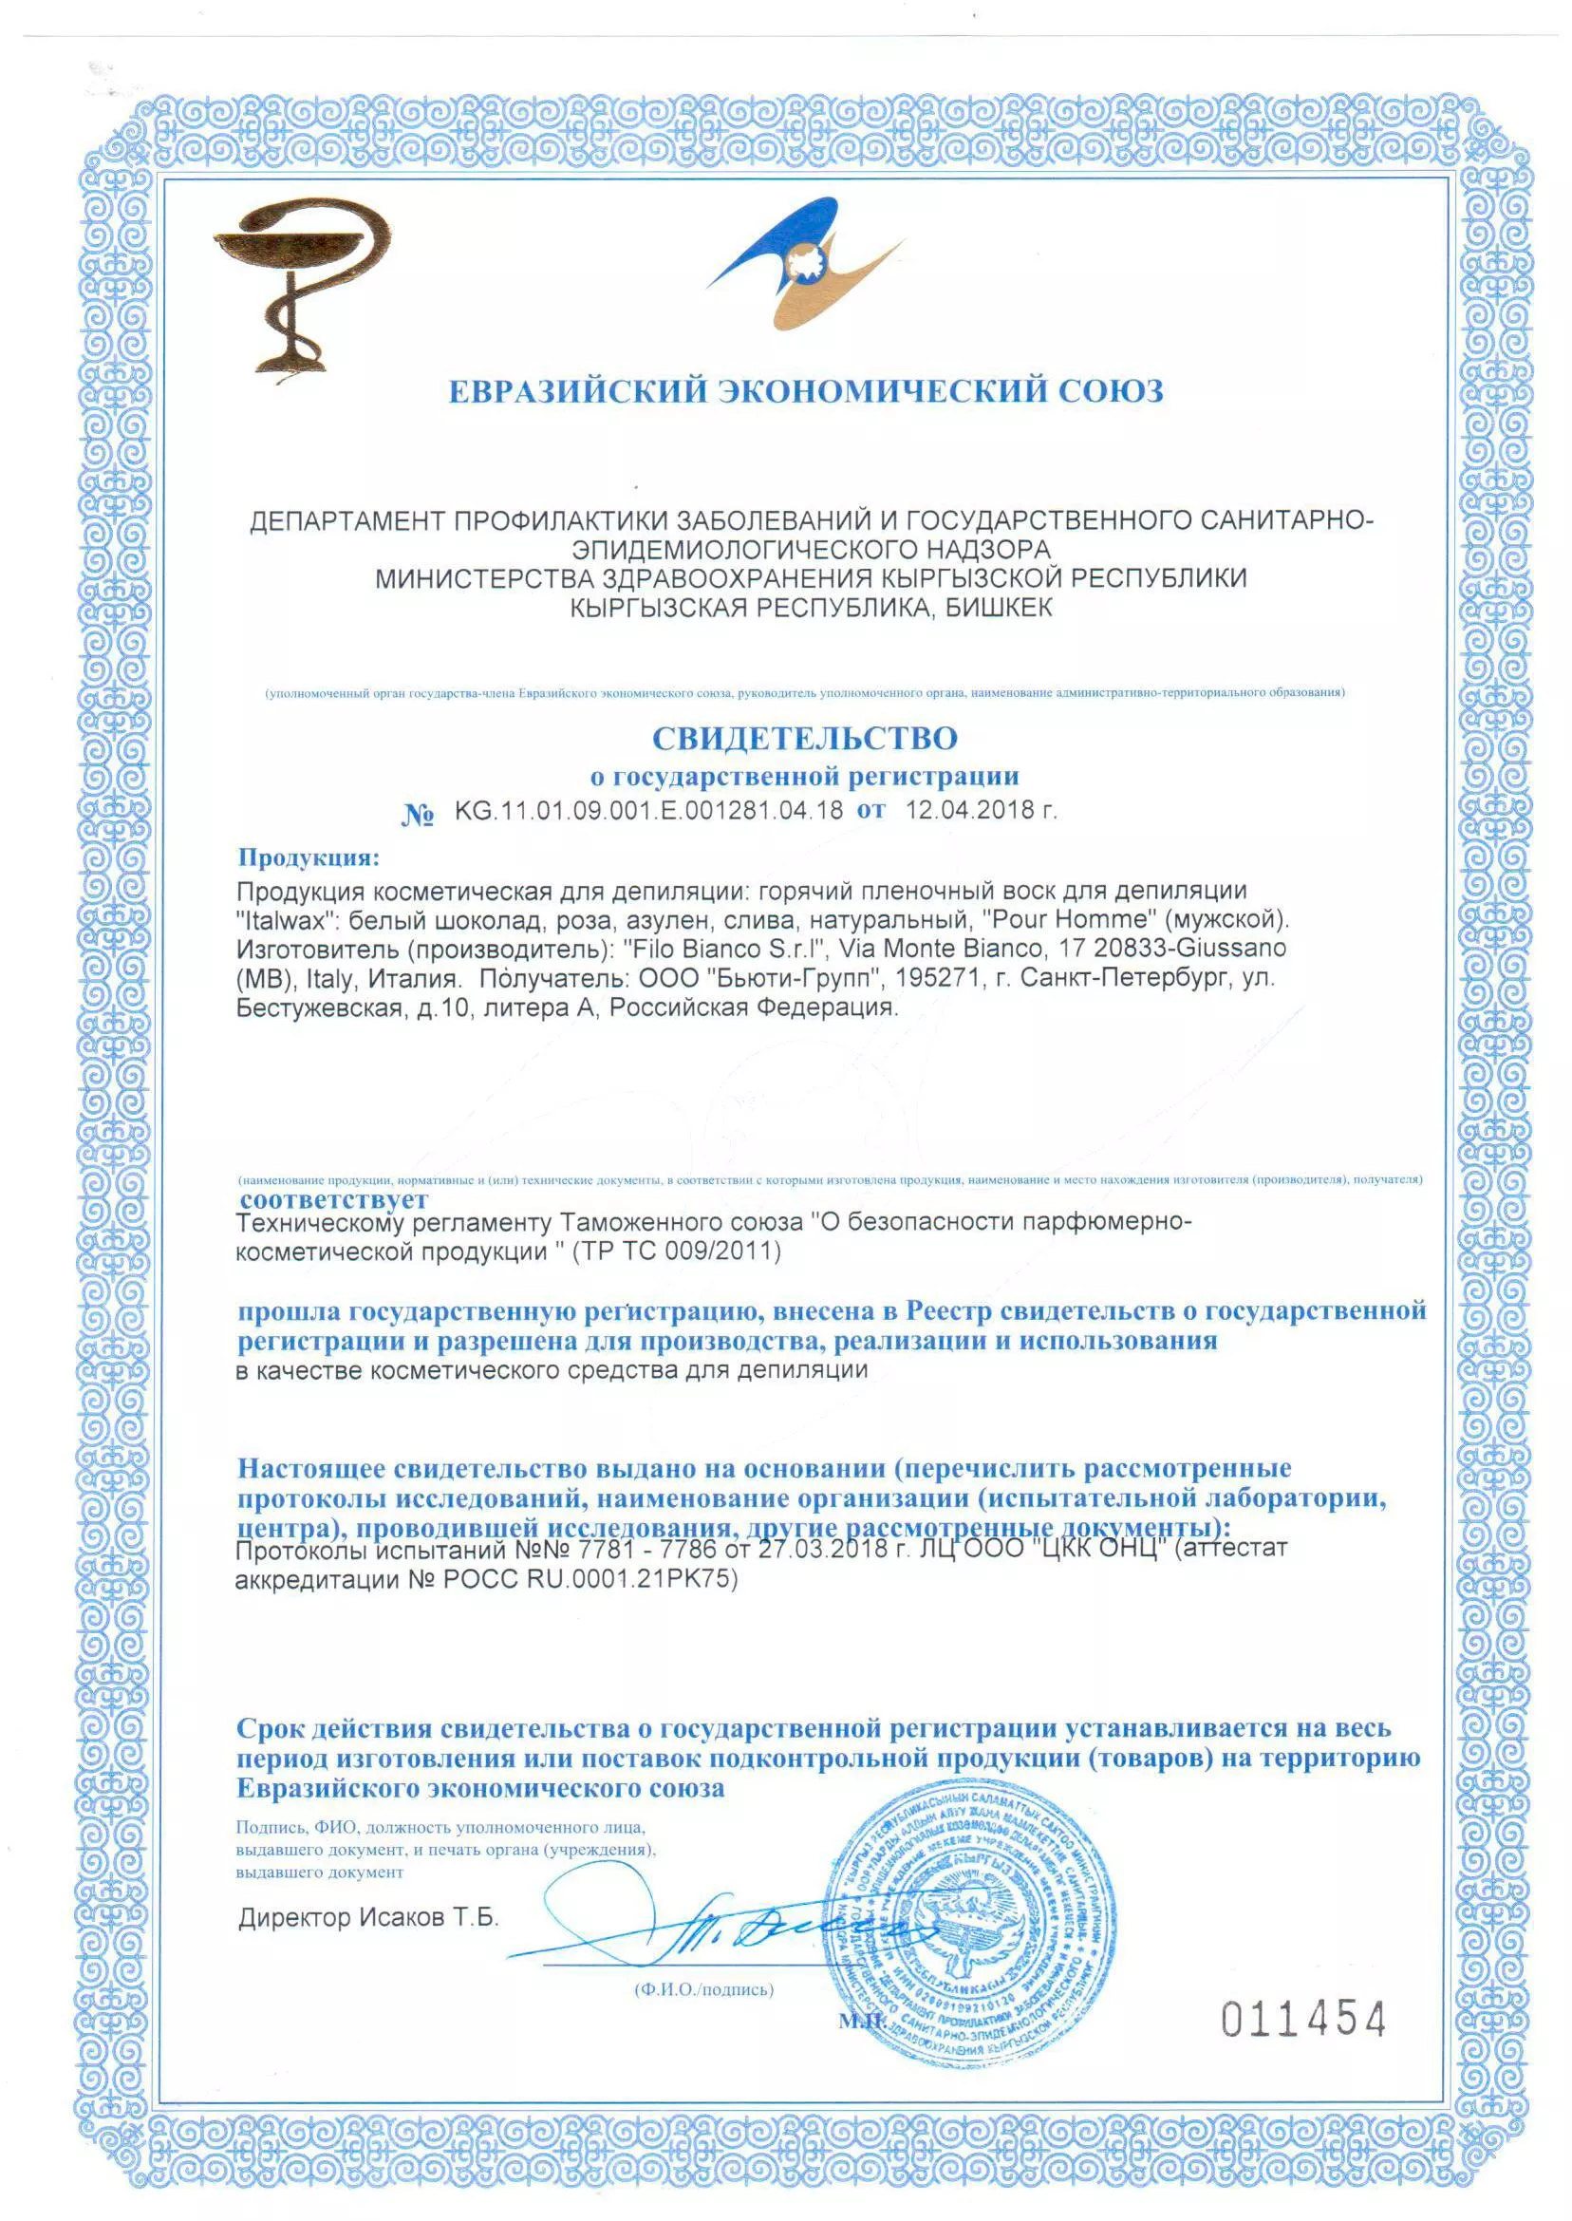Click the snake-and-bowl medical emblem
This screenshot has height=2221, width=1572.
[x=296, y=285]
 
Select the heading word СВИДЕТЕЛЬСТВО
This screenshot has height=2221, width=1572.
[x=804, y=739]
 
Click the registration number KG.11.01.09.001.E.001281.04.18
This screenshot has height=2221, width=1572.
[x=648, y=810]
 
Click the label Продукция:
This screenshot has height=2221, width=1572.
[x=309, y=857]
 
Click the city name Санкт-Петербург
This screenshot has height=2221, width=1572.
[x=1125, y=978]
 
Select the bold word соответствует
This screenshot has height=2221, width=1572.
[x=334, y=1199]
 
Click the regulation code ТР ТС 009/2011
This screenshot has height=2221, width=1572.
[x=678, y=1252]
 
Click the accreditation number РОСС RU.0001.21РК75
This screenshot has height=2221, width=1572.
[x=589, y=1580]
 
